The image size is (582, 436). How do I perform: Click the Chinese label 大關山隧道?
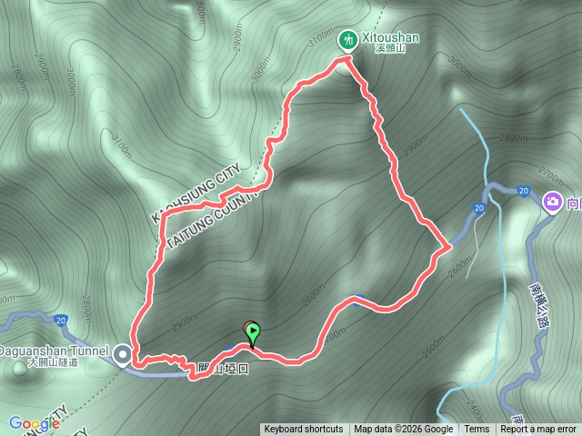pos(52,362)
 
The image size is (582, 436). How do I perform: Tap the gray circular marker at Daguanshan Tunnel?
pos(123,351)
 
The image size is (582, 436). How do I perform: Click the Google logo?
pos(35,423)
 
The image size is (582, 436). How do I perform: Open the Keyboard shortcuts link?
pos(304,430)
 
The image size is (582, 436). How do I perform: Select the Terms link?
pos(477,430)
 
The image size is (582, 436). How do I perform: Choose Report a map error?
pos(538,430)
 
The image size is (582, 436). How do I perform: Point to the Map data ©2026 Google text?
pos(404,430)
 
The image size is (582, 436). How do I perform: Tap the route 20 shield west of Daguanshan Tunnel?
pos(60,320)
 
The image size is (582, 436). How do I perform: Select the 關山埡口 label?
pos(223,368)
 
